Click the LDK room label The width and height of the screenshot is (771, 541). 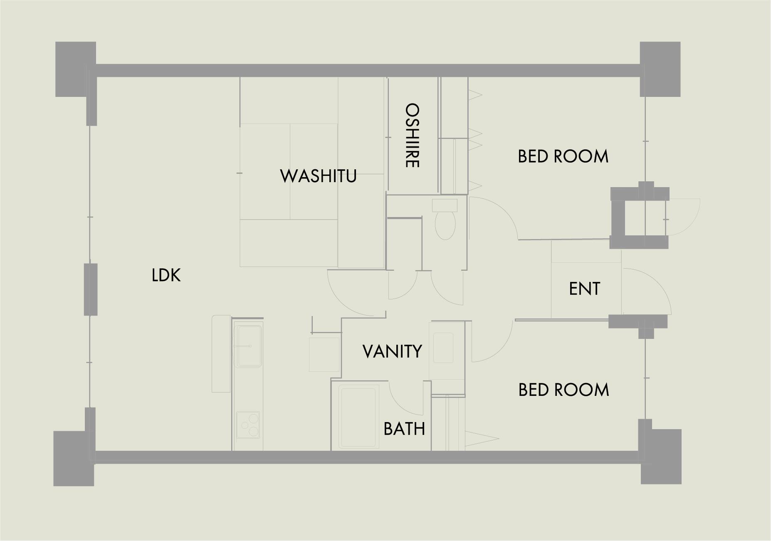tap(166, 275)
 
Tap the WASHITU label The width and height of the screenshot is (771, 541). tap(319, 175)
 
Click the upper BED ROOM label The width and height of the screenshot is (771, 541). tap(563, 156)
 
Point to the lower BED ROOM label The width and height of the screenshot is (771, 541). tap(563, 390)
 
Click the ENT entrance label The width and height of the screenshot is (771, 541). tap(584, 289)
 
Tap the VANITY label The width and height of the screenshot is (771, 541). tap(392, 351)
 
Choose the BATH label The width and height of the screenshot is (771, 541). tap(404, 428)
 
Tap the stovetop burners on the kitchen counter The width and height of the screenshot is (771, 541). tap(248, 425)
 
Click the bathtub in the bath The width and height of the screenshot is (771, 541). tap(358, 417)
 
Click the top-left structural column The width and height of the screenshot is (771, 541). tap(76, 69)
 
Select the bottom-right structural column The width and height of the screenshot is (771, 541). tap(661, 457)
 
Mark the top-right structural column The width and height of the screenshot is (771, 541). tap(660, 69)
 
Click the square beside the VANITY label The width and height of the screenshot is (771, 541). tap(324, 354)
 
